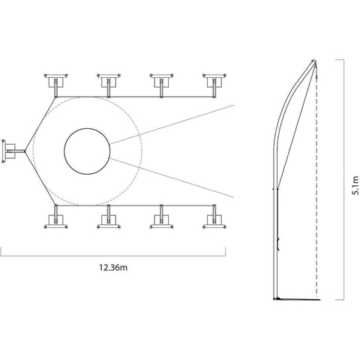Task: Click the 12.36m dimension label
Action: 113,268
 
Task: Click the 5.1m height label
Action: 355,185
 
